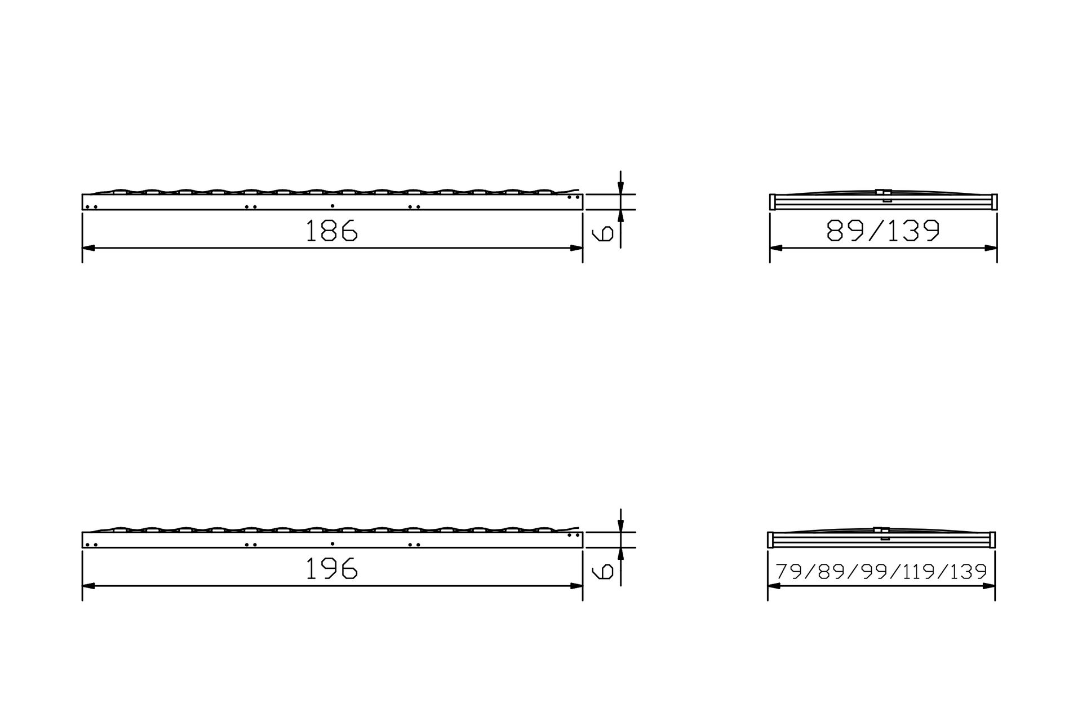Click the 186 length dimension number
pos(331,231)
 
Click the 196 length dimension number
pos(331,568)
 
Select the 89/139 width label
pos(883,231)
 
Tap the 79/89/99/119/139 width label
pos(881,572)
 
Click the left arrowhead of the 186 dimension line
pos(89,248)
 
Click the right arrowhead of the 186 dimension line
pos(576,248)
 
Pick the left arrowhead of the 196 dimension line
pos(89,586)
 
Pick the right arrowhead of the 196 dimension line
pos(576,586)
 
